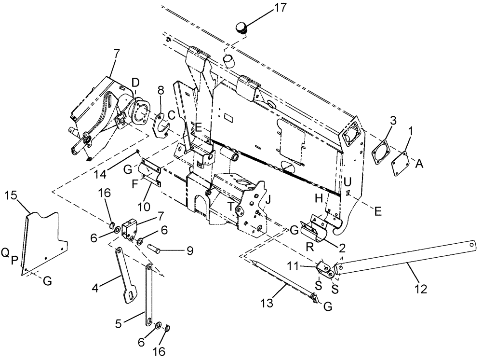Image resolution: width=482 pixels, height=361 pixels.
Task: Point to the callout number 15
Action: coord(12,196)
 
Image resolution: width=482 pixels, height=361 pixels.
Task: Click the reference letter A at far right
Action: coord(420,164)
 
